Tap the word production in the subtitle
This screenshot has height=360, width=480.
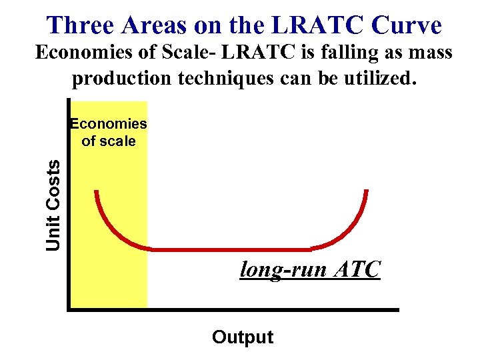pyautogui.click(x=123, y=79)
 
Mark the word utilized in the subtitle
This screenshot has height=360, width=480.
pyautogui.click(x=378, y=79)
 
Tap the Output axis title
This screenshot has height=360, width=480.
pyautogui.click(x=243, y=337)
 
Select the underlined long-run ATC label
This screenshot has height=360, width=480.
pyautogui.click(x=310, y=270)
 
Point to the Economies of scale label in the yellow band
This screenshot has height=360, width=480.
pyautogui.click(x=108, y=132)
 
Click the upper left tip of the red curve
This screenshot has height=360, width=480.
pyautogui.click(x=97, y=193)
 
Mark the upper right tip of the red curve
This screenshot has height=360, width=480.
pyautogui.click(x=366, y=192)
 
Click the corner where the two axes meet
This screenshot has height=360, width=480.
pyautogui.click(x=69, y=309)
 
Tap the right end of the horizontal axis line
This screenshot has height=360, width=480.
pyautogui.click(x=397, y=309)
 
